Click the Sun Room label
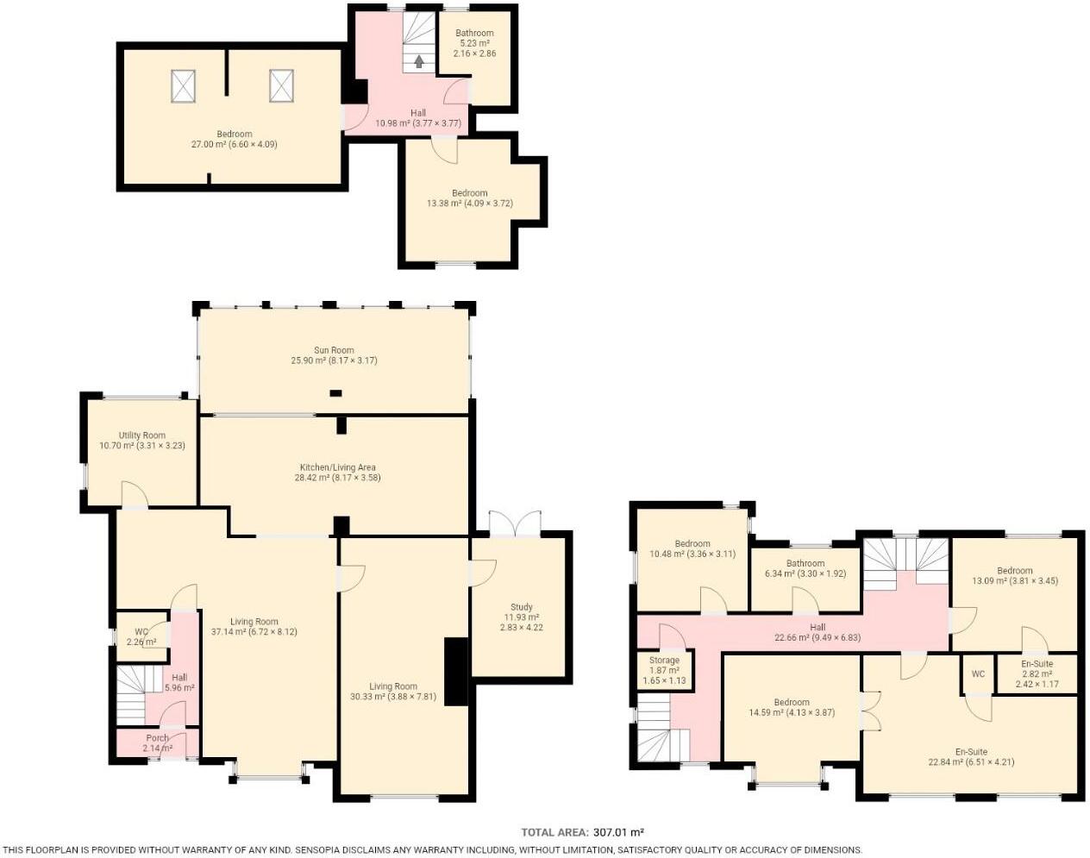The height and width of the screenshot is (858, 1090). (x=334, y=355)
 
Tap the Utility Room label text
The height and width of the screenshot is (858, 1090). (x=142, y=441)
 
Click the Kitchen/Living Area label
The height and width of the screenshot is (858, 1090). (x=337, y=472)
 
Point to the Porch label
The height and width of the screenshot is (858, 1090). (x=157, y=742)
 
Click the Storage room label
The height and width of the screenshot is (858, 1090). (x=664, y=670)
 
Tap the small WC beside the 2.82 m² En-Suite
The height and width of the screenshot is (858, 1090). (x=978, y=674)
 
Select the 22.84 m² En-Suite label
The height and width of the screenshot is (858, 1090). (x=970, y=757)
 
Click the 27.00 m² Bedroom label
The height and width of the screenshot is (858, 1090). (x=234, y=139)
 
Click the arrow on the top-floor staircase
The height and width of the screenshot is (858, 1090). (x=419, y=61)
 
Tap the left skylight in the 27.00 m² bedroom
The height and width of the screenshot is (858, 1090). (x=183, y=85)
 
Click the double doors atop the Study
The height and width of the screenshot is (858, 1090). (x=514, y=523)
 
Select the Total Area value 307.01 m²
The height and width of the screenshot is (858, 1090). (x=619, y=832)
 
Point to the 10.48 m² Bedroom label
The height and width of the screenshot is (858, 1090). (x=692, y=548)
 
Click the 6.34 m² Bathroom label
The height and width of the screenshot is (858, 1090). (x=805, y=568)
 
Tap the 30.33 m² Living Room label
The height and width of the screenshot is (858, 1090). (x=393, y=692)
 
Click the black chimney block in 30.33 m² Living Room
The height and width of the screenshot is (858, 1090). (x=456, y=672)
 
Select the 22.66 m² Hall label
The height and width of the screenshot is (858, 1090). (x=817, y=633)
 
